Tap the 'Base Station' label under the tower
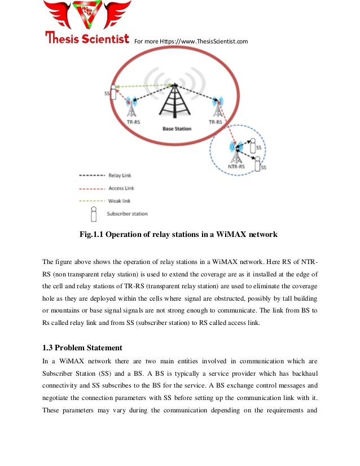177,129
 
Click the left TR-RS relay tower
131,107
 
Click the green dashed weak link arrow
144,86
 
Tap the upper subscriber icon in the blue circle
252,145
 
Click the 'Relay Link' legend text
119,176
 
